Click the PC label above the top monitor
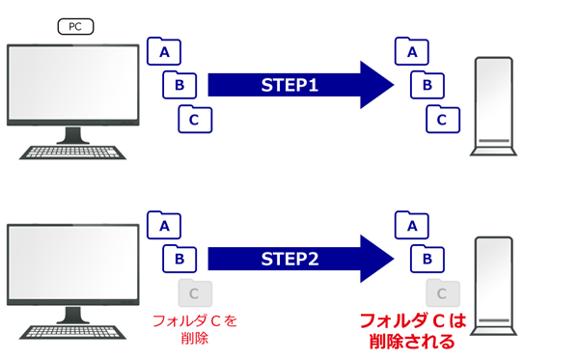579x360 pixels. pos(75,27)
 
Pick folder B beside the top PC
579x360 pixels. pos(179,85)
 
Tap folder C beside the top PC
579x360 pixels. pos(195,120)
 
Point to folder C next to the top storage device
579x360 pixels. pos(443,120)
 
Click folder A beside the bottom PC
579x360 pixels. pos(163,225)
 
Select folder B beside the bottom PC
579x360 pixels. pos(179,259)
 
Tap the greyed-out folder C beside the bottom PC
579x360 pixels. pos(195,292)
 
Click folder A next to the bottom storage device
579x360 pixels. pos(413,225)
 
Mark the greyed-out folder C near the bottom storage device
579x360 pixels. pos(443,292)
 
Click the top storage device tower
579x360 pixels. pos(496,106)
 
